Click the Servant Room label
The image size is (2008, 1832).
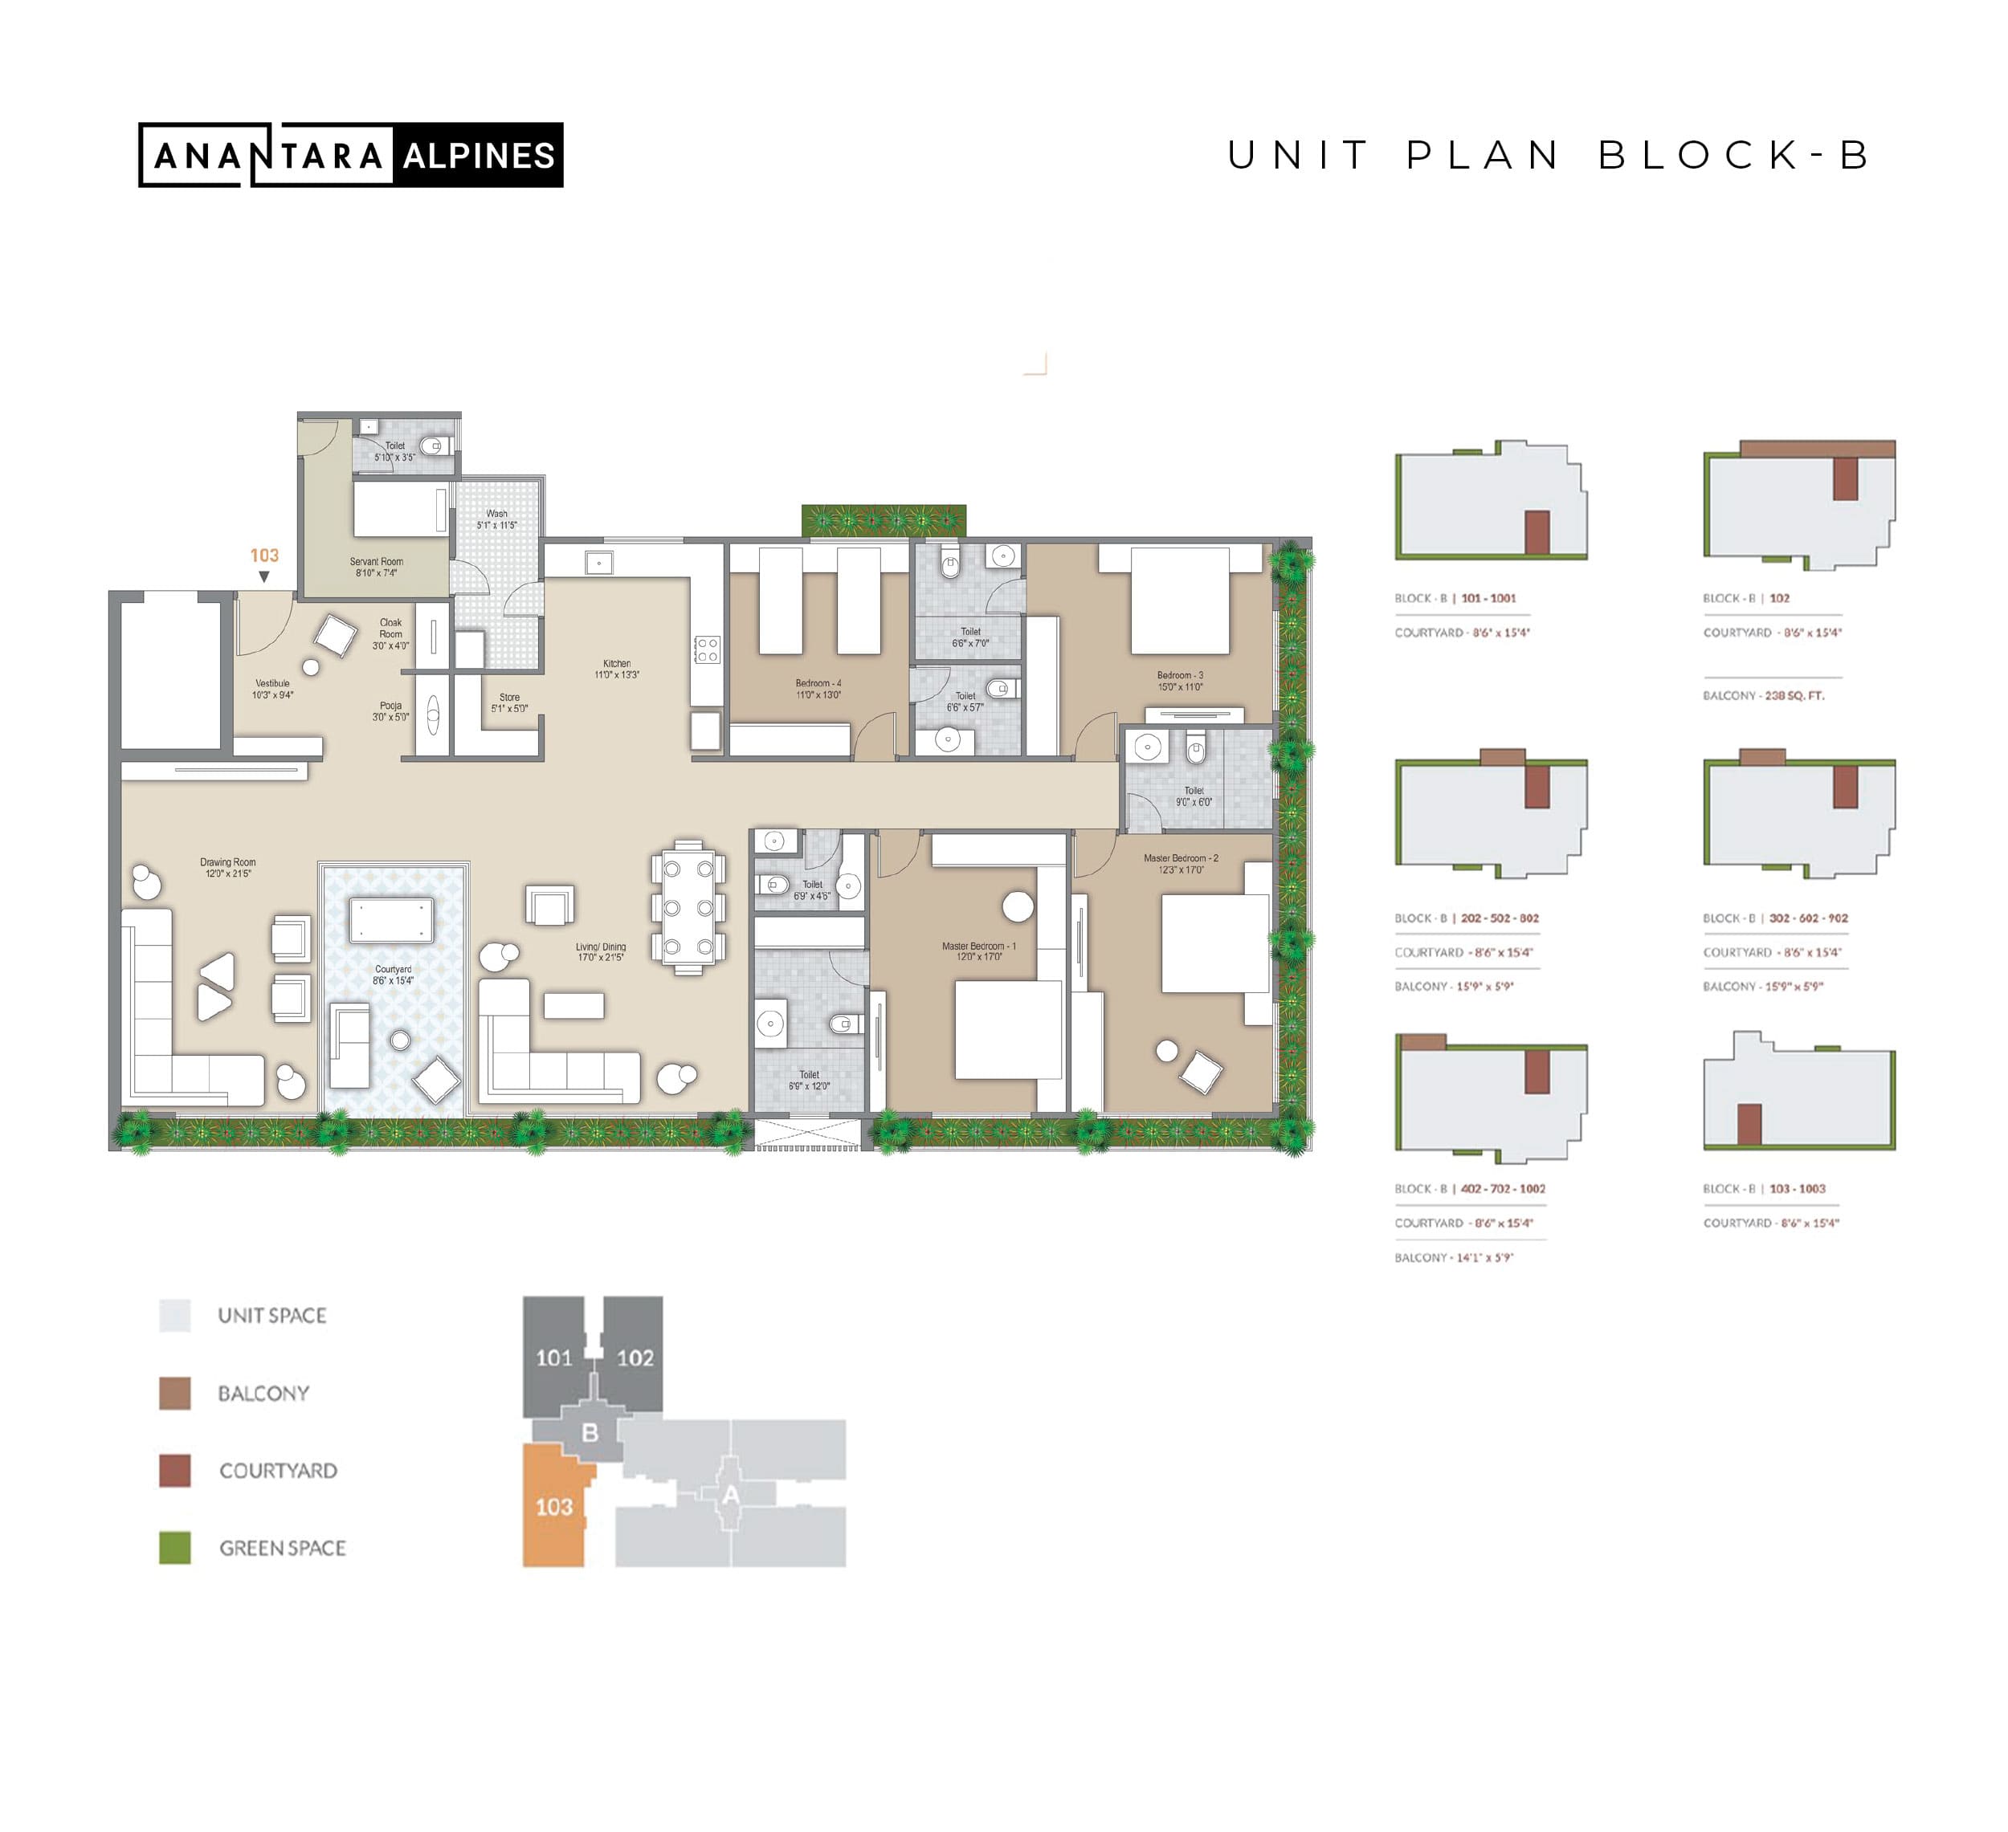(x=377, y=568)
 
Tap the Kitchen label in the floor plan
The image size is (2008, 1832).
(x=617, y=669)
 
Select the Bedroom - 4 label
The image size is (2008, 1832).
(x=818, y=689)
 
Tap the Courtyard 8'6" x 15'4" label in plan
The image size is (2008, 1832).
(x=394, y=975)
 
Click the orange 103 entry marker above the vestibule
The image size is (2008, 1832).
(x=264, y=556)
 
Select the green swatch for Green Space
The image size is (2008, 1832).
(x=175, y=1549)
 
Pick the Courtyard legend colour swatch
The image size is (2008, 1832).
(x=175, y=1471)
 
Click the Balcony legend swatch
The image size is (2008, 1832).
(x=175, y=1393)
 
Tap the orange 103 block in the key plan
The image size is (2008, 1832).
(x=553, y=1506)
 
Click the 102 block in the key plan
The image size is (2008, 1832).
(x=635, y=1357)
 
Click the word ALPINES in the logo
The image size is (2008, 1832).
(x=479, y=155)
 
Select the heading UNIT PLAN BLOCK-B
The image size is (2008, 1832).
(x=1549, y=155)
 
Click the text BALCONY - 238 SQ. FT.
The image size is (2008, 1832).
(x=1764, y=696)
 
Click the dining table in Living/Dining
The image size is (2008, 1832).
(x=688, y=908)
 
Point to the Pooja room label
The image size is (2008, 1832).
(x=390, y=711)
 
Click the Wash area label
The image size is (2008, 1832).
(x=497, y=519)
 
